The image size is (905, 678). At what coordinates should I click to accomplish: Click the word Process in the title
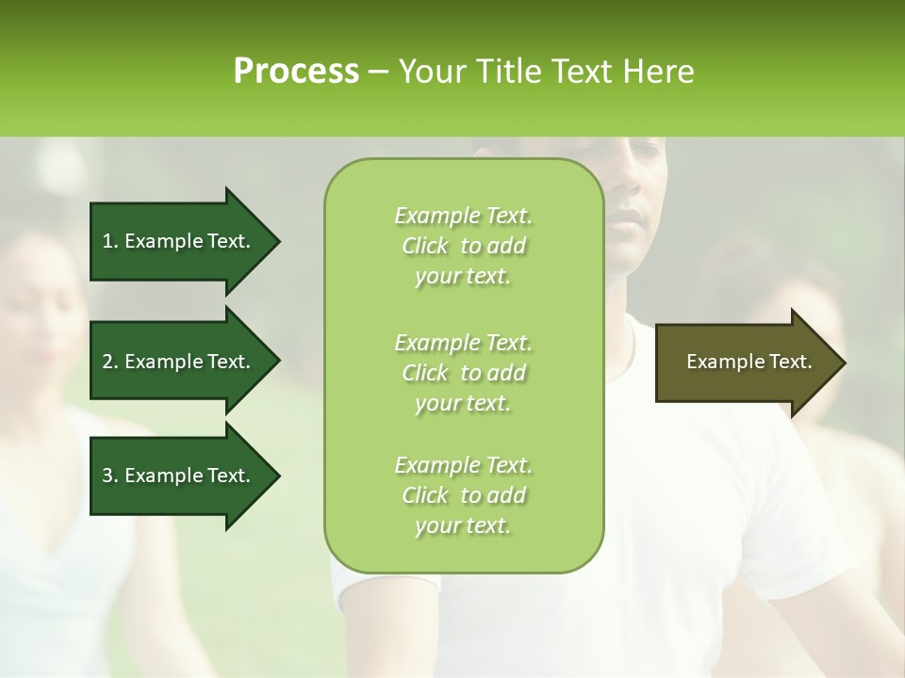296,72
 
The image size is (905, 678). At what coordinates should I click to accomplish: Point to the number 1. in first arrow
110,241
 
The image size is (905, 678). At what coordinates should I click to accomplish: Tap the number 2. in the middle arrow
110,362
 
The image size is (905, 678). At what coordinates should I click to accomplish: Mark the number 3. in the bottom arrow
110,476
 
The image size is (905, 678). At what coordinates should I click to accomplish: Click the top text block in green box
463,246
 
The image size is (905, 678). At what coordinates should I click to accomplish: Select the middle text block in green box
463,372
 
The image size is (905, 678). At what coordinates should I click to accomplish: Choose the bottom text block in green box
463,495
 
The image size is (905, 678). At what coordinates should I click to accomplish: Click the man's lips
625,223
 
